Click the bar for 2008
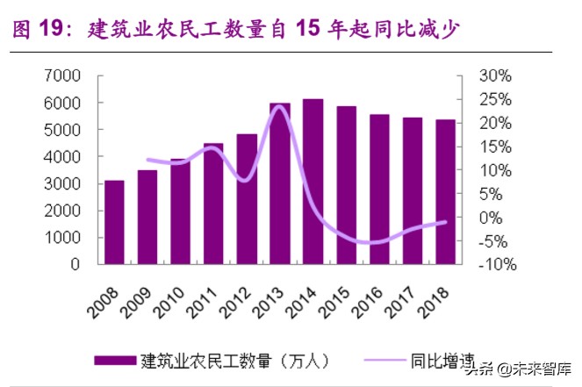click(114, 222)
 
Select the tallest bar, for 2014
click(313, 182)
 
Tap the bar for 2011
click(213, 204)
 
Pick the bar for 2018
click(445, 191)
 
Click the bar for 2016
click(379, 189)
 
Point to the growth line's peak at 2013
click(279, 107)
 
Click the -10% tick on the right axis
click(493, 264)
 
